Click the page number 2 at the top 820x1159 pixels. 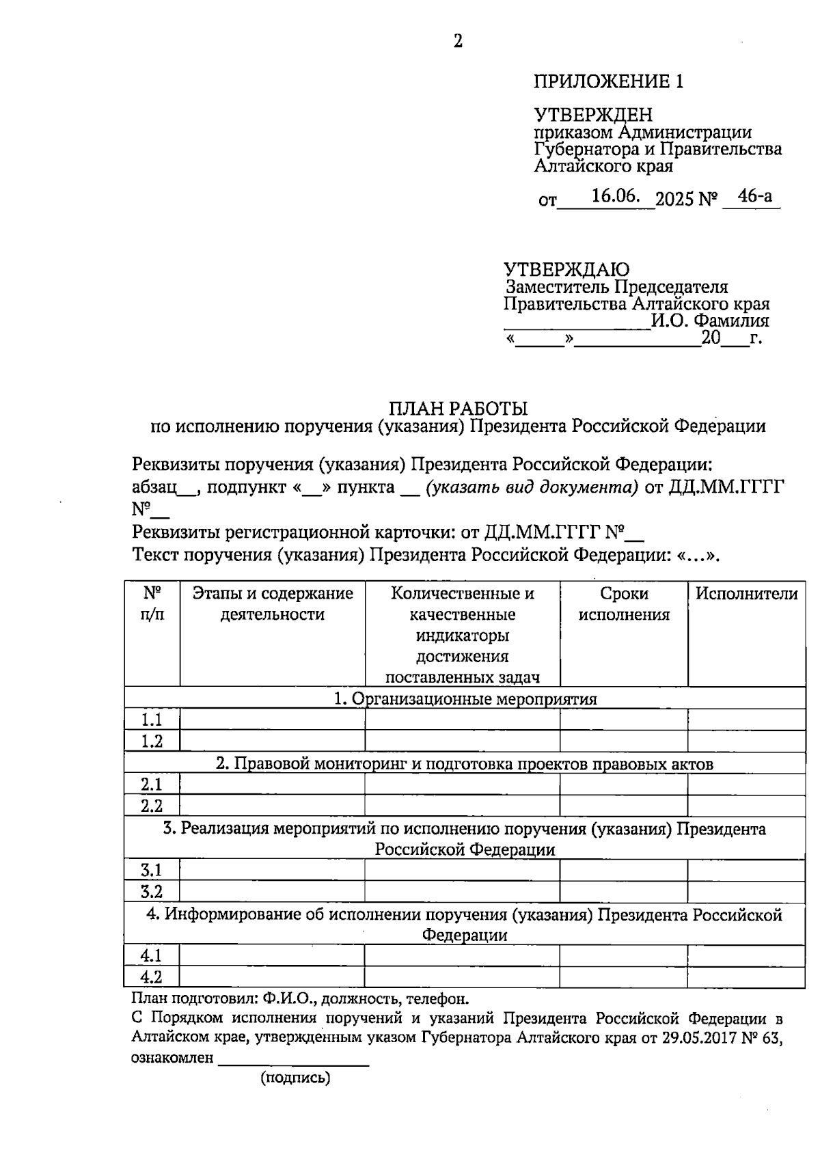point(458,42)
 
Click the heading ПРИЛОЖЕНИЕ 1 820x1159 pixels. point(608,82)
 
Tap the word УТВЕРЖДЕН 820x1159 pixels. point(592,115)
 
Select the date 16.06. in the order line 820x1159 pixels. point(615,197)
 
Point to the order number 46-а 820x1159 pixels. point(755,197)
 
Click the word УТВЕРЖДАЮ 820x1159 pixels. point(566,269)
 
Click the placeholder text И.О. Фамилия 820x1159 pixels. point(709,321)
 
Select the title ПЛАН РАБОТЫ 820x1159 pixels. point(458,409)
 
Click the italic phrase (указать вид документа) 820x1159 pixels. point(532,487)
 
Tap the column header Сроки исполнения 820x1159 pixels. point(624,604)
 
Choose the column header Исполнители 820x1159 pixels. point(746,594)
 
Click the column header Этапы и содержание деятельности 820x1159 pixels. point(272,604)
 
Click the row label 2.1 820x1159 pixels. point(152,785)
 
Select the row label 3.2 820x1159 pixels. point(152,892)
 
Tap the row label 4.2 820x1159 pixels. point(152,977)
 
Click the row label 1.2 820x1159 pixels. point(152,741)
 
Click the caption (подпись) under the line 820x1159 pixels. point(295,1078)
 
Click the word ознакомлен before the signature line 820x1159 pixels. point(172,1059)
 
